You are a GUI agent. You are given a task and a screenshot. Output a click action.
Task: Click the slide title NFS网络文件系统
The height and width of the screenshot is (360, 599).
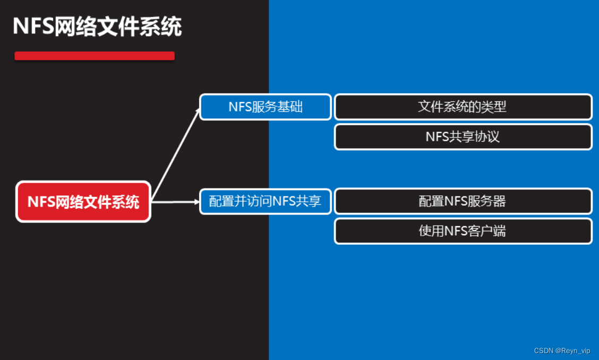tap(97, 27)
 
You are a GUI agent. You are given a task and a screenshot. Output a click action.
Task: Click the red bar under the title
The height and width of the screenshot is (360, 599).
tap(95, 56)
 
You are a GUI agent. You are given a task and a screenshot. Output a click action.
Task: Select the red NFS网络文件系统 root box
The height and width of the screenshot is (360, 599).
tap(83, 202)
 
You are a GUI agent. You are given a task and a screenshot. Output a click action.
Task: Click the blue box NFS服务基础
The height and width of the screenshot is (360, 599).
tap(266, 107)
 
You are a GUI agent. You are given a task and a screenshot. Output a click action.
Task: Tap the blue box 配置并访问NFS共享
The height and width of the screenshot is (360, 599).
tap(266, 202)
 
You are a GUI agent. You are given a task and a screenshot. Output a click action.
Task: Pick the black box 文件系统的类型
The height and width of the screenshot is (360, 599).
tap(463, 107)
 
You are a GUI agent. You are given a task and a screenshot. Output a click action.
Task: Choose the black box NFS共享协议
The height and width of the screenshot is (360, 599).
tap(463, 137)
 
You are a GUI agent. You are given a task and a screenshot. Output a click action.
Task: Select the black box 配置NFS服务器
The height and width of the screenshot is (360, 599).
tap(463, 201)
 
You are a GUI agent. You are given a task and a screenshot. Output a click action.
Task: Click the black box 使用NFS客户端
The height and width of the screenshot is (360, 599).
tap(463, 231)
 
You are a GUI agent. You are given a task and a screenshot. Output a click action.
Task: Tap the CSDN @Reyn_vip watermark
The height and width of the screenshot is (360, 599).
tap(562, 351)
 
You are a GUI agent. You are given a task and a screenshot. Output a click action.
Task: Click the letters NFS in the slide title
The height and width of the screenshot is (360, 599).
tap(33, 27)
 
